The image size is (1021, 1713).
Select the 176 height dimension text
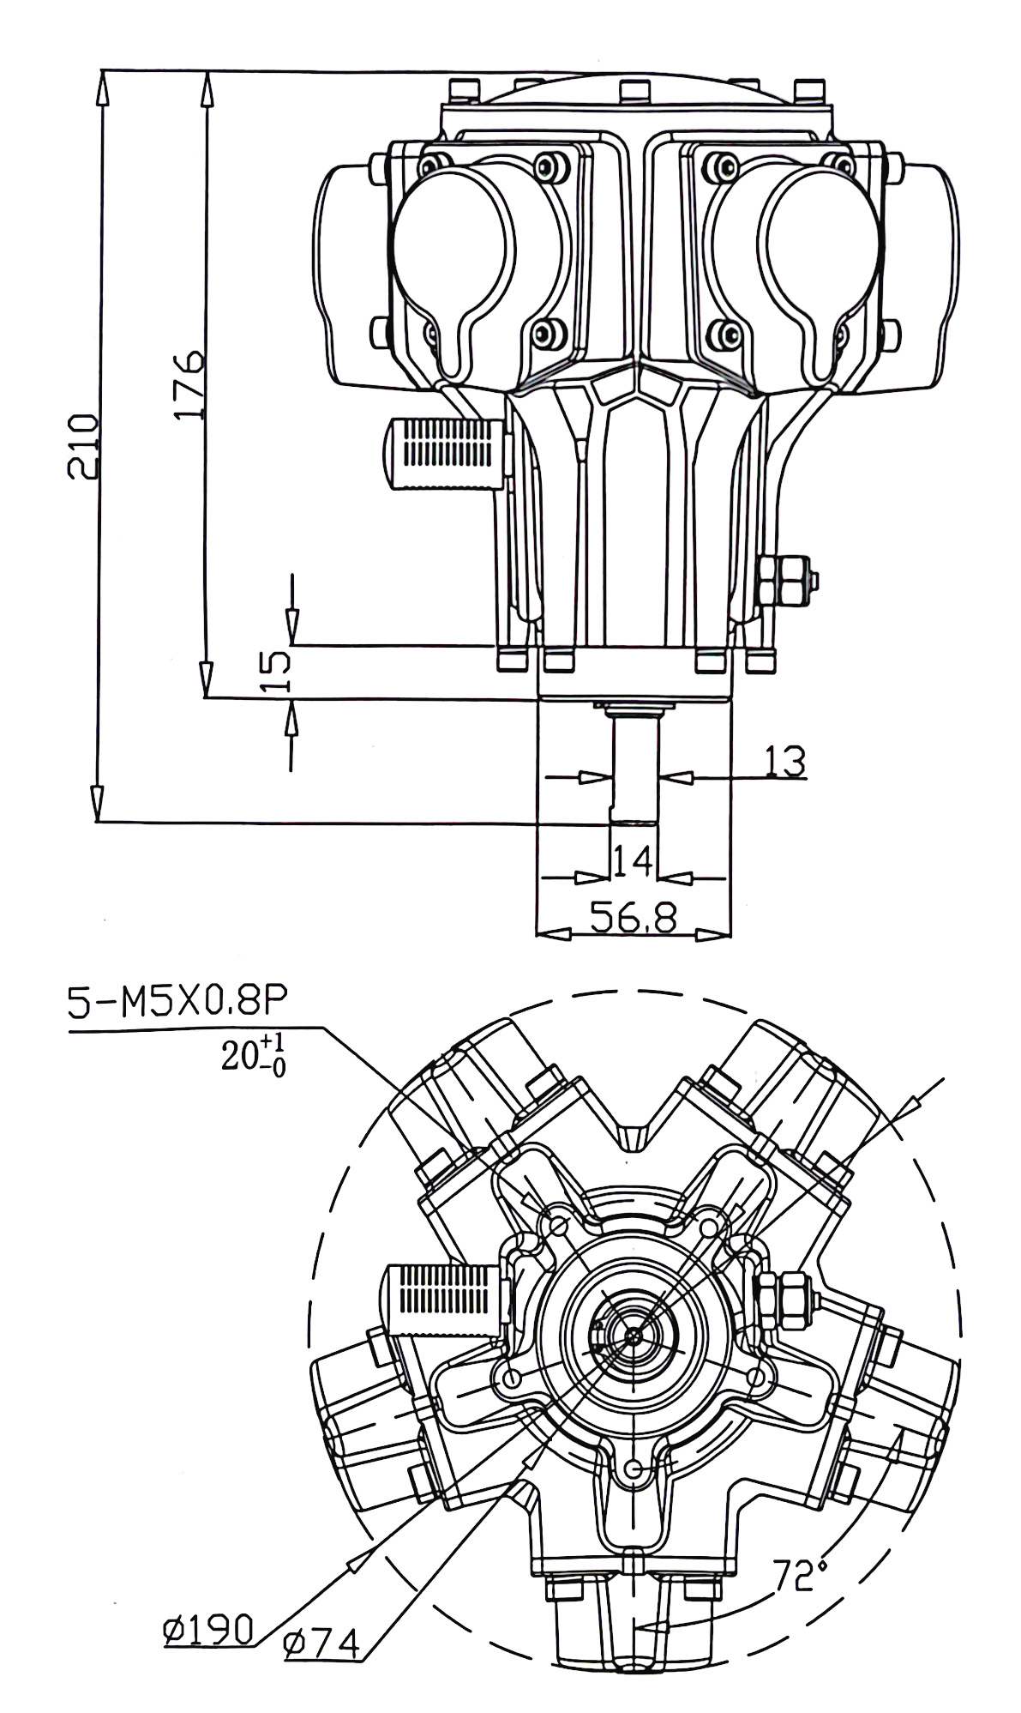pos(189,383)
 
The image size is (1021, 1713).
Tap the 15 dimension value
pos(274,671)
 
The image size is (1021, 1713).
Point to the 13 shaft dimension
pos(784,761)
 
